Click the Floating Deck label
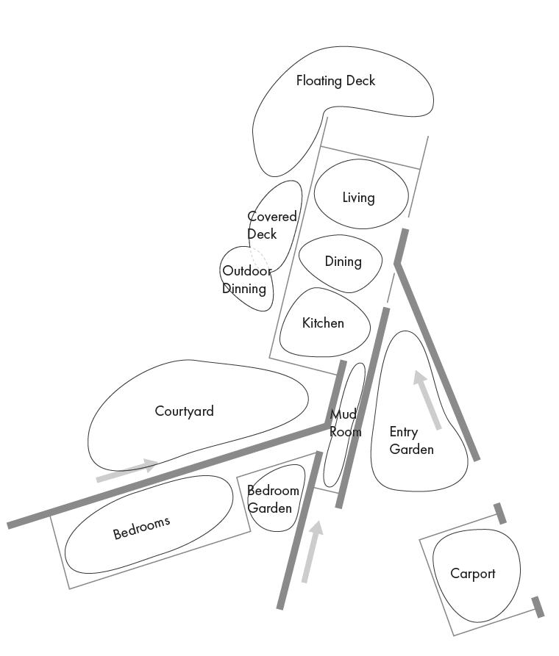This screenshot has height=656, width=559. click(335, 81)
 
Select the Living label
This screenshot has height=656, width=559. click(358, 198)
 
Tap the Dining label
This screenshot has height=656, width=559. click(343, 262)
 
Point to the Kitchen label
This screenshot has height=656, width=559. click(323, 323)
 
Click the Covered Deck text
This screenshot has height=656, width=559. click(271, 226)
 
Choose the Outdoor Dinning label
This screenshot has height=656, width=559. click(246, 280)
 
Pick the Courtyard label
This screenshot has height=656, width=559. click(184, 411)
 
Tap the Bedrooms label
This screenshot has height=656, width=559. click(141, 527)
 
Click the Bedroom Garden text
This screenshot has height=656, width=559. click(273, 500)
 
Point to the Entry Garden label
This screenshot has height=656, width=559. click(411, 441)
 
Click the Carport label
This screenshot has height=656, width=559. click(472, 574)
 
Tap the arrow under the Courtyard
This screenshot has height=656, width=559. click(127, 471)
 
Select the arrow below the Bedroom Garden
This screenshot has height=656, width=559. click(312, 552)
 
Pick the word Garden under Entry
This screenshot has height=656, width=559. click(411, 450)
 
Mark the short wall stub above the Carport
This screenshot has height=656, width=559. click(500, 513)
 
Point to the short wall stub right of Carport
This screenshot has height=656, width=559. click(538, 607)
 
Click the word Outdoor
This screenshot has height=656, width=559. click(246, 271)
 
